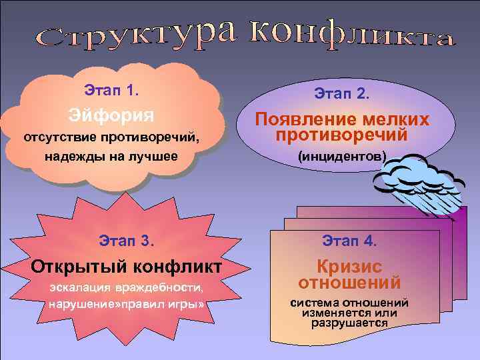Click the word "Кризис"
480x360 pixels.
[x=349, y=267]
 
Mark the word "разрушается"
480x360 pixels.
[x=349, y=323]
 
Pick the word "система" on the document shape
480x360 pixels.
[x=313, y=303]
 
